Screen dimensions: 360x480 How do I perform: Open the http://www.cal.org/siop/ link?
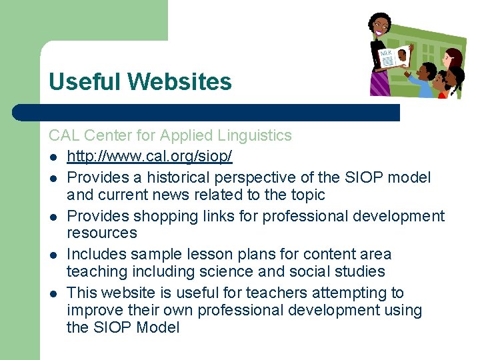pyautogui.click(x=149, y=157)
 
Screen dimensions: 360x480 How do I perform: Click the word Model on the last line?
pyautogui.click(x=158, y=328)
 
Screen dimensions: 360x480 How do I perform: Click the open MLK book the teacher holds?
pyautogui.click(x=393, y=56)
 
